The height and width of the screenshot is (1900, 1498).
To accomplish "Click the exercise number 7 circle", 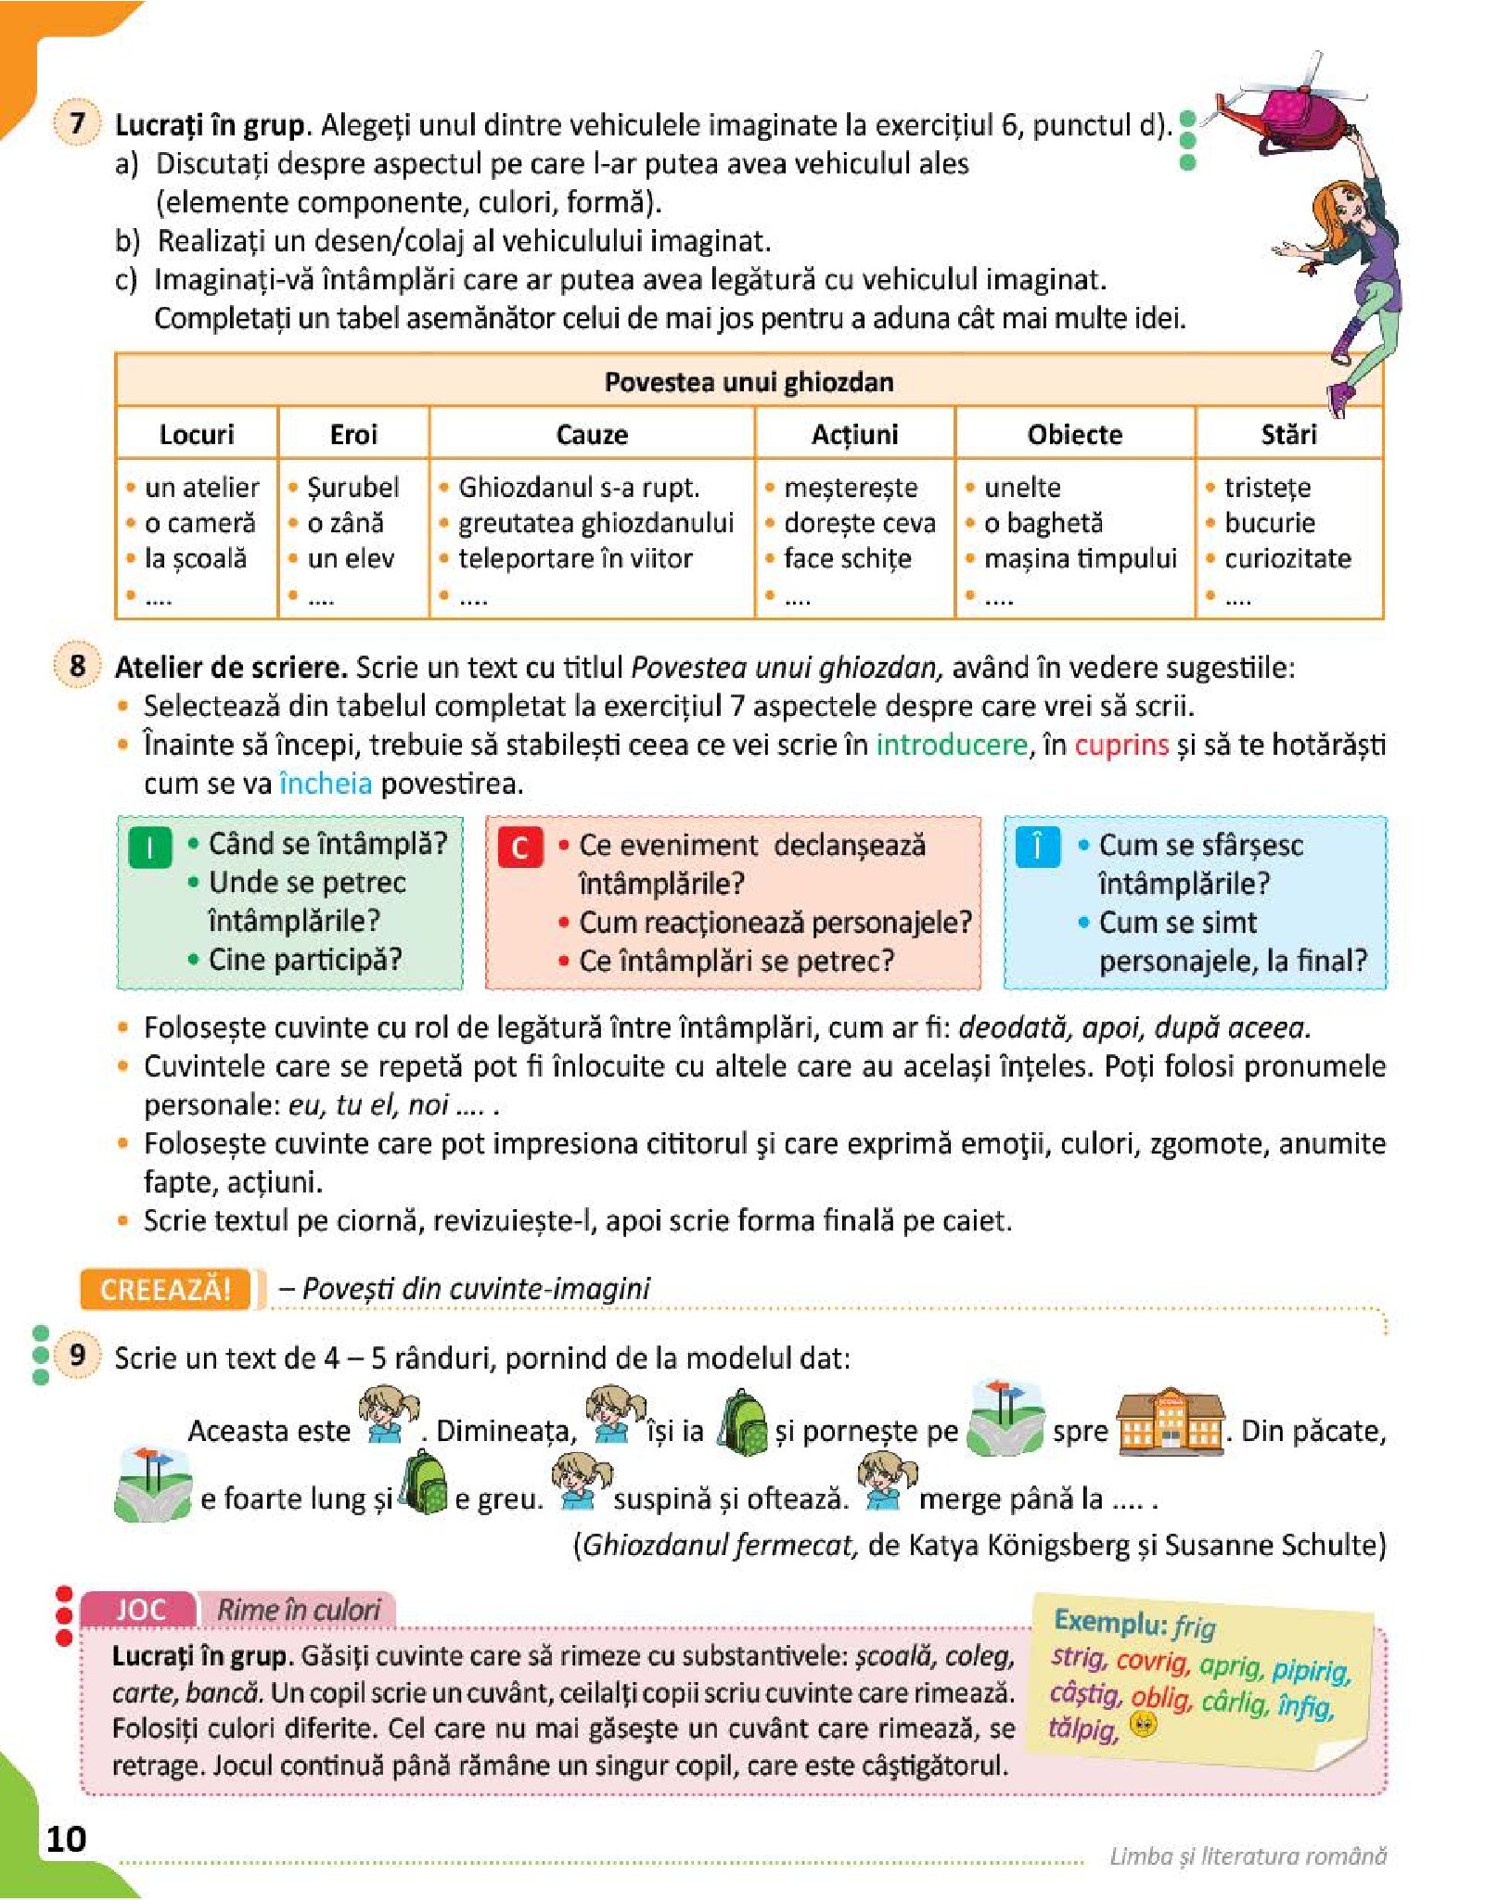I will [77, 122].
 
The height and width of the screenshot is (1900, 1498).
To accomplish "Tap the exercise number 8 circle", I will [77, 665].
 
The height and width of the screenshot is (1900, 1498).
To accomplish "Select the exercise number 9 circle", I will [77, 1355].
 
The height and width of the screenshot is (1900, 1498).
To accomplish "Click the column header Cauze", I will [592, 434].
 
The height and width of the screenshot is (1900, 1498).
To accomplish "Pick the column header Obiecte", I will [1074, 434].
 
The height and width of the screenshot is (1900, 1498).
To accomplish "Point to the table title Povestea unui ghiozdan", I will [749, 381].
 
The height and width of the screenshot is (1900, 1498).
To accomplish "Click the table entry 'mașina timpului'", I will [1080, 558].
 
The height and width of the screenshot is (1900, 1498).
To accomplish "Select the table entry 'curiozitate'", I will [1287, 558].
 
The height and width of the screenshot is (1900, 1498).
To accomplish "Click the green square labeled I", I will [149, 846].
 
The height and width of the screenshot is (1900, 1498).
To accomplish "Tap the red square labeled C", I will [519, 847].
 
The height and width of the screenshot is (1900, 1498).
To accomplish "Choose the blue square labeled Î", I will [1037, 846].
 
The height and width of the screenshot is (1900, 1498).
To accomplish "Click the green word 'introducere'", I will [952, 745].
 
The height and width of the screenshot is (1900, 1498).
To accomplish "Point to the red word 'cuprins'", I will [1121, 745].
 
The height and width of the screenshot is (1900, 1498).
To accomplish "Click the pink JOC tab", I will [140, 1609].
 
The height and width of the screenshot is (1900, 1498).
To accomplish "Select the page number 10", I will [66, 1838].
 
